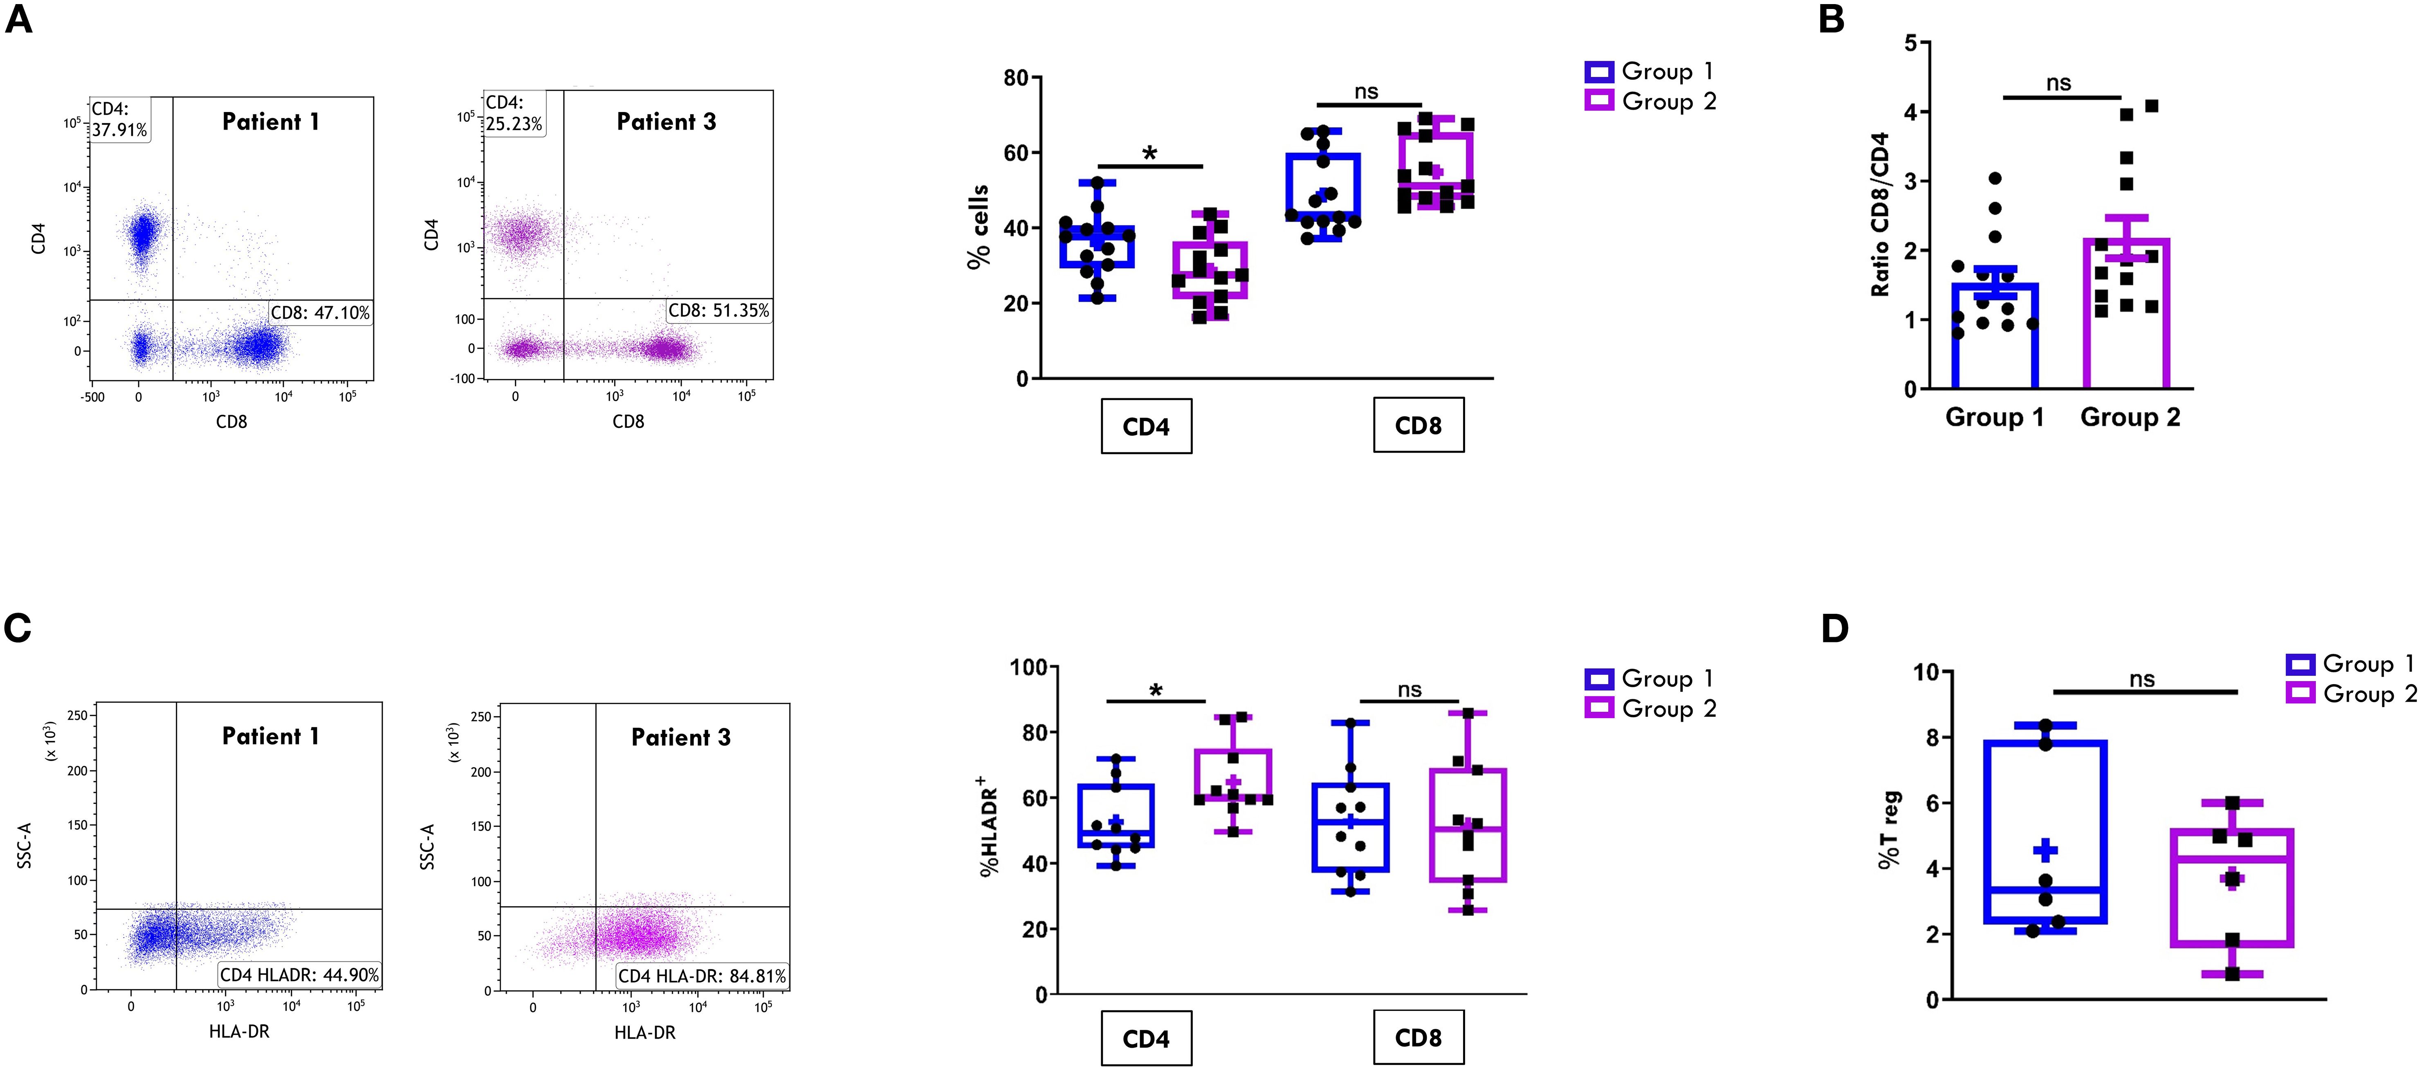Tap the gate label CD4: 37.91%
[119, 119]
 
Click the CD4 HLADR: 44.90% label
[299, 974]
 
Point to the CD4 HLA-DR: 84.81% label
[701, 976]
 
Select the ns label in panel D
[2142, 679]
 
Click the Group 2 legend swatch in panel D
[2300, 694]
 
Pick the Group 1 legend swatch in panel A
[1598, 72]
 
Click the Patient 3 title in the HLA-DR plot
[681, 737]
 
